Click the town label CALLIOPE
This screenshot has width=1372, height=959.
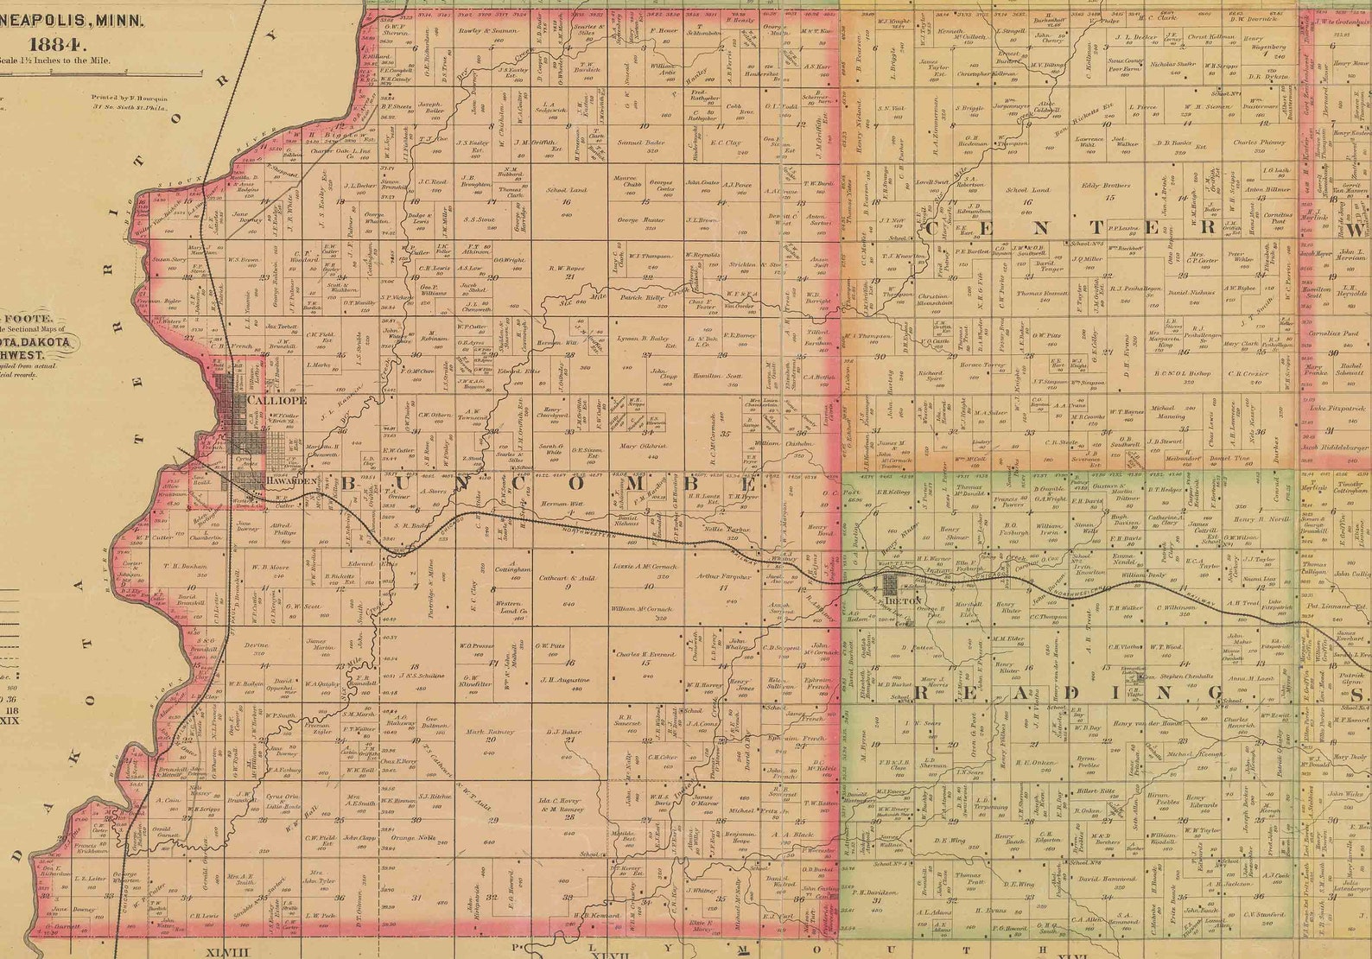(x=276, y=402)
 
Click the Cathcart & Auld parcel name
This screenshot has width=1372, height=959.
(x=567, y=575)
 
